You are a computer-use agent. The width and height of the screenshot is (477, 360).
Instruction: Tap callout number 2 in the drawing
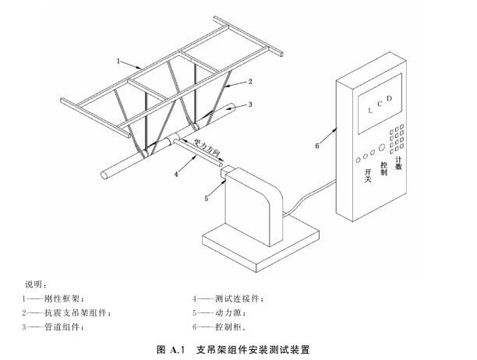tap(250, 81)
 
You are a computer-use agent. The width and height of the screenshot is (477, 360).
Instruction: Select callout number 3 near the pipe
tap(251, 104)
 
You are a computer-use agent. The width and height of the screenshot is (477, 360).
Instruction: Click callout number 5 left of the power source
tap(207, 198)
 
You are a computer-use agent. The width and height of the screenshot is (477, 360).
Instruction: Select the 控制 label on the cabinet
tap(383, 168)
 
